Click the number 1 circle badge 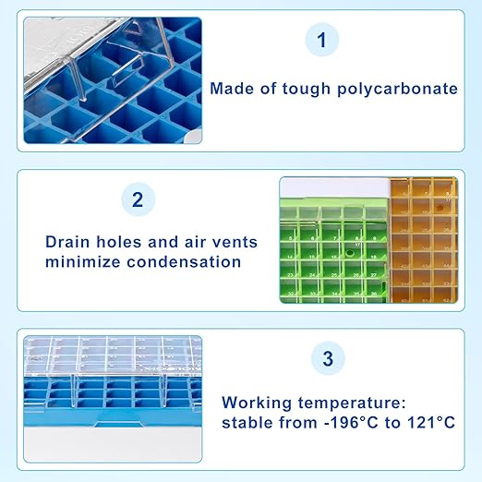click(x=321, y=40)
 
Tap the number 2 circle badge click(x=138, y=199)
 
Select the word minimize click(x=85, y=261)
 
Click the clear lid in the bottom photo click(x=111, y=355)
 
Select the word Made click(x=231, y=89)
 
